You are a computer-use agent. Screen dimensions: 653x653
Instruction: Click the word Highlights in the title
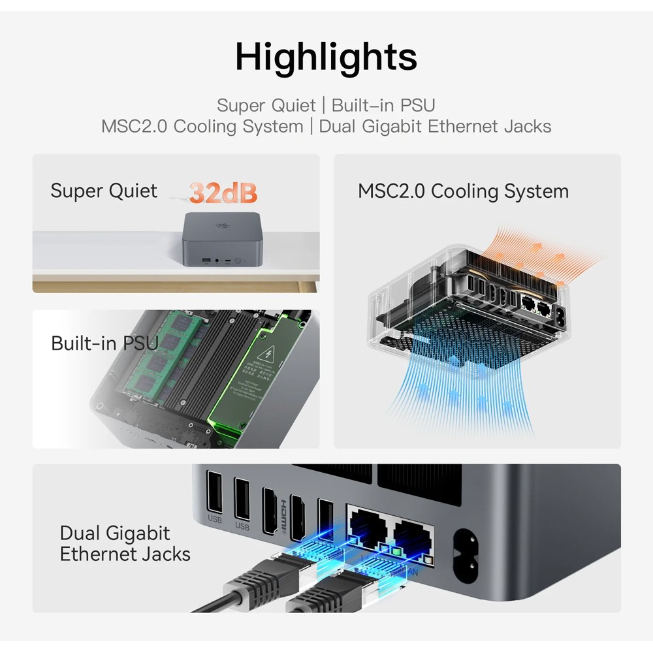[x=326, y=57]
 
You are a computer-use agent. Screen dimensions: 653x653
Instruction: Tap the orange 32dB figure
[x=223, y=193]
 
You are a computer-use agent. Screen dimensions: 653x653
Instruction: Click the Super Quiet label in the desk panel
[x=104, y=191]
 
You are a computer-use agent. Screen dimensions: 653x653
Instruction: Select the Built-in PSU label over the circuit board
[x=104, y=343]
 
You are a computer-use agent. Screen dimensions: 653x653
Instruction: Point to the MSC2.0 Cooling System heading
[x=463, y=191]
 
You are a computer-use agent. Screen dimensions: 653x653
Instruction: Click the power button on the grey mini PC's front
[x=239, y=261]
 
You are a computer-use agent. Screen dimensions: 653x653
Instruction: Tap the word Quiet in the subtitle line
[x=295, y=105]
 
